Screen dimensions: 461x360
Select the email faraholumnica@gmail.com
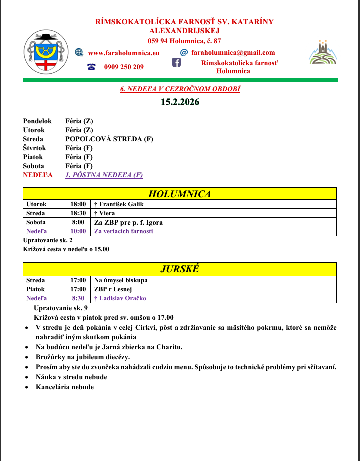pyautogui.click(x=233, y=52)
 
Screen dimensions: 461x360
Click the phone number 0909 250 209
pyautogui.click(x=124, y=67)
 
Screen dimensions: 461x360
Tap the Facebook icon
pyautogui.click(x=176, y=62)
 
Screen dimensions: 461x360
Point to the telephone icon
pyautogui.click(x=91, y=67)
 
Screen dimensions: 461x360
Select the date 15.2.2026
pyautogui.click(x=180, y=102)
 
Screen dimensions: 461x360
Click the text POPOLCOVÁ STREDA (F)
pyautogui.click(x=109, y=139)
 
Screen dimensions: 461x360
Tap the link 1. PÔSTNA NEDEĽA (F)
pyautogui.click(x=104, y=175)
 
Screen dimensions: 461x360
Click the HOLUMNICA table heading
pyautogui.click(x=180, y=194)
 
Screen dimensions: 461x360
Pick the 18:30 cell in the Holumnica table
pyautogui.click(x=78, y=213)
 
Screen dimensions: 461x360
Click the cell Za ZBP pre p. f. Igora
pyautogui.click(x=128, y=222)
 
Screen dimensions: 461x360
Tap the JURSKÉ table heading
pyautogui.click(x=180, y=269)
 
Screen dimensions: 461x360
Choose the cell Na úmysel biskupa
pyautogui.click(x=121, y=280)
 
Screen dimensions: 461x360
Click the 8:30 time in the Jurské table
pyautogui.click(x=78, y=298)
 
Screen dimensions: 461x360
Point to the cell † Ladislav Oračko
pyautogui.click(x=120, y=298)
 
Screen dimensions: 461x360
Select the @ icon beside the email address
pyautogui.click(x=184, y=52)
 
